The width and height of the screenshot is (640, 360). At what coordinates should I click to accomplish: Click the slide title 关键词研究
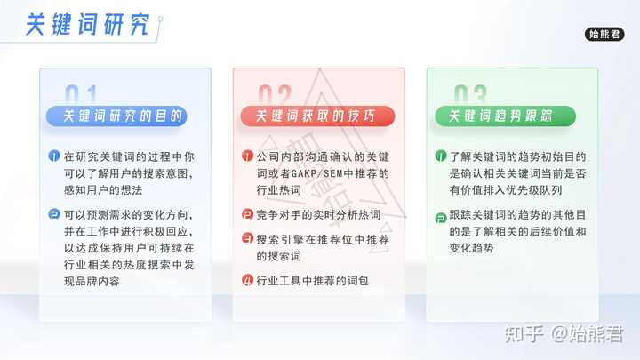[87, 25]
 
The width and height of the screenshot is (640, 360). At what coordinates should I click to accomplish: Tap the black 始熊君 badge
[604, 35]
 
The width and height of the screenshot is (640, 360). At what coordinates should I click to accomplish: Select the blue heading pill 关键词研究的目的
[116, 116]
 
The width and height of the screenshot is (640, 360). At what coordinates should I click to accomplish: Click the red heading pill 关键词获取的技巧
[317, 116]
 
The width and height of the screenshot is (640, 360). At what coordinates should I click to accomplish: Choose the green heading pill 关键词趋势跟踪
[505, 116]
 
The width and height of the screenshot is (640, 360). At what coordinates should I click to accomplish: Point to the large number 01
[81, 95]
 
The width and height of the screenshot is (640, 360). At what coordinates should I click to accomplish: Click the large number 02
[275, 95]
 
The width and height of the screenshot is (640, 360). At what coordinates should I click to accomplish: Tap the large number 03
[470, 95]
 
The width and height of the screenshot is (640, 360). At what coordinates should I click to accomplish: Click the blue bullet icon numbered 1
[54, 156]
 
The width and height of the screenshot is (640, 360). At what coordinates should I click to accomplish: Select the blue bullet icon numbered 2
[54, 214]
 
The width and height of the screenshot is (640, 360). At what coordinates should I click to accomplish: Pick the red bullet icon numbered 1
[247, 156]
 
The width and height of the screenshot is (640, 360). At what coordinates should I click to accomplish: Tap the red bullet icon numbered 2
[247, 214]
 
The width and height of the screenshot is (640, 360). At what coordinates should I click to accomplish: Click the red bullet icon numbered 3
[247, 238]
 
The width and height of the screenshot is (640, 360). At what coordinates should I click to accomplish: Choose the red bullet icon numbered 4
[247, 280]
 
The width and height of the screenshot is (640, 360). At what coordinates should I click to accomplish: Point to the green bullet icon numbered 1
[441, 156]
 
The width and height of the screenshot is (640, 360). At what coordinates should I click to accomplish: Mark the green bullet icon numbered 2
[441, 218]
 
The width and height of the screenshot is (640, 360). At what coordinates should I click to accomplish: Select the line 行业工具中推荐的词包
[312, 281]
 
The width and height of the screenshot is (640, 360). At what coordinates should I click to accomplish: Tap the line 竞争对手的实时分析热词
[318, 215]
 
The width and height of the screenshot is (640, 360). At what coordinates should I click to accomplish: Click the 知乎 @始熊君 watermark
[564, 334]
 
